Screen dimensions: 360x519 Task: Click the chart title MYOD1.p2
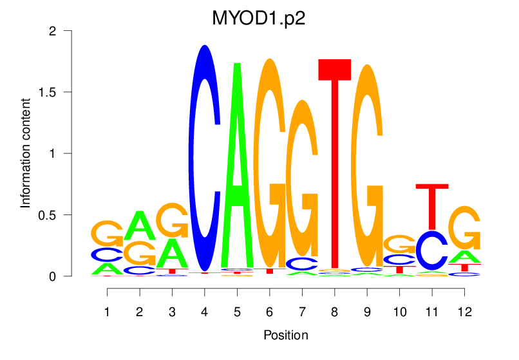point(259,18)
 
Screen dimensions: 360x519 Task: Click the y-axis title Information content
point(26,153)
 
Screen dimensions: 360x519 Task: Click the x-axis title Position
point(285,335)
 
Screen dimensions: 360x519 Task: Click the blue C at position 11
point(431,250)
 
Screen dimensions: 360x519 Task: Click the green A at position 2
point(140,225)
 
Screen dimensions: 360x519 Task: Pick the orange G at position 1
point(107,233)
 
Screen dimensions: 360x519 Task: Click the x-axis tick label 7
point(302,312)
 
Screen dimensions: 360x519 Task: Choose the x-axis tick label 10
point(399,312)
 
